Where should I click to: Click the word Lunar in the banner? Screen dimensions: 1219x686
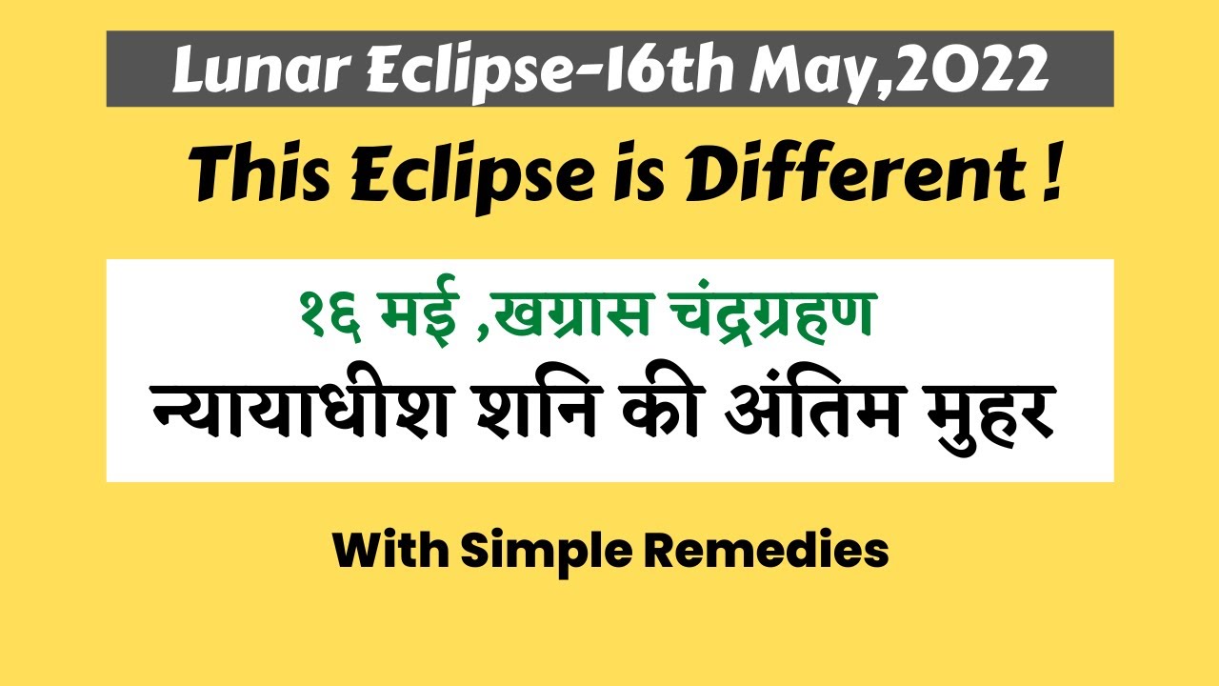coord(262,70)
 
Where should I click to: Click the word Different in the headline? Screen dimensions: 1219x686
coord(854,172)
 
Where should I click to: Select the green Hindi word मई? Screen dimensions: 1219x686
coord(419,311)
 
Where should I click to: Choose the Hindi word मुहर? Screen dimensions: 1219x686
coord(991,413)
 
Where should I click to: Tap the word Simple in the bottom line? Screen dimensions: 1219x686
coord(547,553)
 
